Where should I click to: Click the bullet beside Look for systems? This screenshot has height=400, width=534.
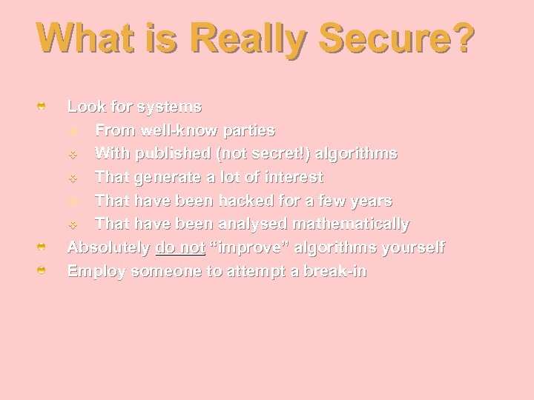pyautogui.click(x=43, y=107)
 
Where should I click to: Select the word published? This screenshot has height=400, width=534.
pyautogui.click(x=170, y=154)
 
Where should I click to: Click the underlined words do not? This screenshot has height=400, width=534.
pyautogui.click(x=179, y=247)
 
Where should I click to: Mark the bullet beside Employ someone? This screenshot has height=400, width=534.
pyautogui.click(x=43, y=272)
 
